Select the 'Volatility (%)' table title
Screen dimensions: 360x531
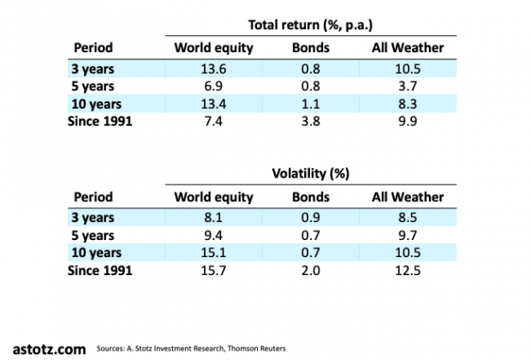309,173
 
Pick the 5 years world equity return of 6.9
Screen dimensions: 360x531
213,87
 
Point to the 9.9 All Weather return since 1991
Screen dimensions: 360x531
407,122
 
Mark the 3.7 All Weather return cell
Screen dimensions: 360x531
407,87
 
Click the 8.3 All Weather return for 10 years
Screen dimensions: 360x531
407,104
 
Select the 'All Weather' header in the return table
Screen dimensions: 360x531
407,48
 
